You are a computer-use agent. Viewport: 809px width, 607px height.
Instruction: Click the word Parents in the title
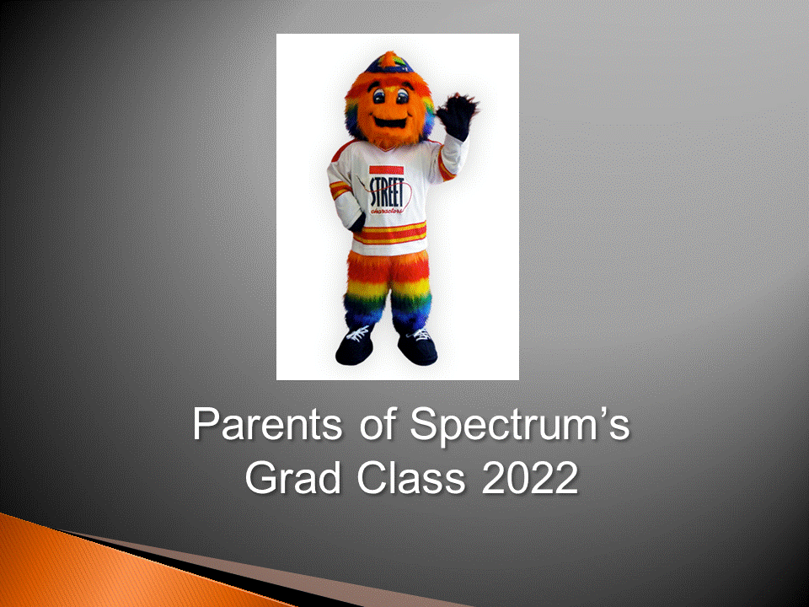tap(267, 424)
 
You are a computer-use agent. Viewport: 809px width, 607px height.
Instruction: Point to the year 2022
tap(530, 477)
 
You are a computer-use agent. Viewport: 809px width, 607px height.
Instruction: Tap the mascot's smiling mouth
tap(390, 123)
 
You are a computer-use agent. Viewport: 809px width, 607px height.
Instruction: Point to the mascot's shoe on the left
tap(355, 346)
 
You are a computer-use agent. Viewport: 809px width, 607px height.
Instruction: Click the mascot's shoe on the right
tap(417, 346)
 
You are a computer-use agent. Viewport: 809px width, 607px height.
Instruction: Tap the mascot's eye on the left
tap(379, 96)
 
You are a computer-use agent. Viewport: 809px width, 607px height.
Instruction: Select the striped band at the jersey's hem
tap(390, 233)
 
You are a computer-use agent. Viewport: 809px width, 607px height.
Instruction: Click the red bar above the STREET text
tap(387, 169)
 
